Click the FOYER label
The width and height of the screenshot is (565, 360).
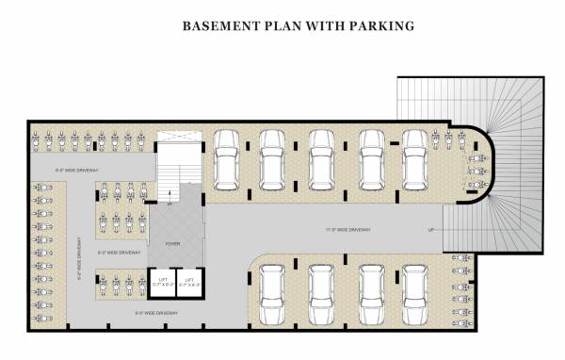[173, 244]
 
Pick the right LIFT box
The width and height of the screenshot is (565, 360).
[189, 282]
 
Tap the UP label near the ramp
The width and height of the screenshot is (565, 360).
[431, 230]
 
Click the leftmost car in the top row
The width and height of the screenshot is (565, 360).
[227, 157]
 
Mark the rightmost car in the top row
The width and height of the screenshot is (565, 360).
[414, 157]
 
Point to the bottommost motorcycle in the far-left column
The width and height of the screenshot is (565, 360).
[41, 319]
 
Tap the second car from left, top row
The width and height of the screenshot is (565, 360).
[273, 157]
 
